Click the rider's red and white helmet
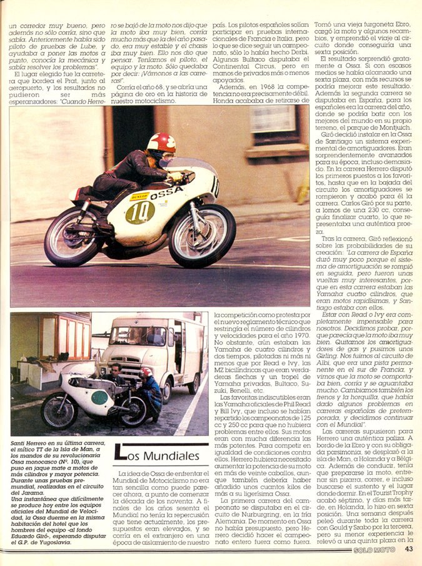click(x=161, y=144)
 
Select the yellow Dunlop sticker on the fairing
click(x=139, y=196)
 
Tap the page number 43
click(x=409, y=549)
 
